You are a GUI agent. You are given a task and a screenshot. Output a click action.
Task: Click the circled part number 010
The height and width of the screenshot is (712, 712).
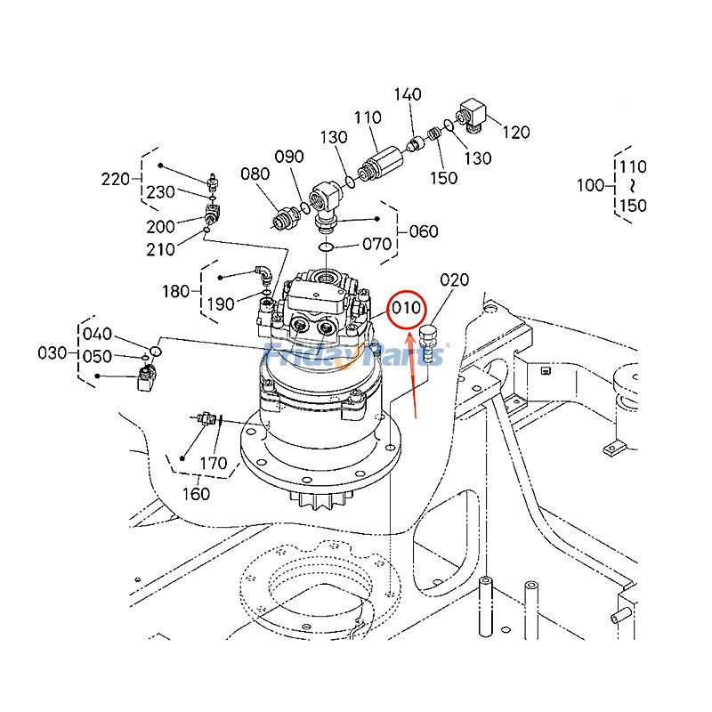point(406,309)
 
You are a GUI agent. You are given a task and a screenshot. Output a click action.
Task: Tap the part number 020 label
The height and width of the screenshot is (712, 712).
point(454,280)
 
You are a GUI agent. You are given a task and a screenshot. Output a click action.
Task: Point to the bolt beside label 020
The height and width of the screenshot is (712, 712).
point(430,343)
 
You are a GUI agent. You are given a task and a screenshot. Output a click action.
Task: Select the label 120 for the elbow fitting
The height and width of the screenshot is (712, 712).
point(515,133)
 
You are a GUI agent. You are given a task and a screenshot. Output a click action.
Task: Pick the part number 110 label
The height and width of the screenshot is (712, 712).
point(367,117)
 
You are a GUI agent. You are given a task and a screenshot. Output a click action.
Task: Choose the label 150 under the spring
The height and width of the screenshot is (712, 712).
point(443,178)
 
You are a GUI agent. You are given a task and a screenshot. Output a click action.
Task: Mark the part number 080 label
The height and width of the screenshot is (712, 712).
point(255,174)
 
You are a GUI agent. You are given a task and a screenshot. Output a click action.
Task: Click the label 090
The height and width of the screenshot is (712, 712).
point(288,157)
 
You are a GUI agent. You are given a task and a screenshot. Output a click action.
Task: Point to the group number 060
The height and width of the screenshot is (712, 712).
point(423,231)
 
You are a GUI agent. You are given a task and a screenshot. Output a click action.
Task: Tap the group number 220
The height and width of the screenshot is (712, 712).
point(116,180)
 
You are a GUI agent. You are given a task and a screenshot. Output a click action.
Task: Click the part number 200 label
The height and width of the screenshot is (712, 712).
point(161,227)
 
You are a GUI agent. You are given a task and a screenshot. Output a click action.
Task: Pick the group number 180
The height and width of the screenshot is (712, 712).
point(175,290)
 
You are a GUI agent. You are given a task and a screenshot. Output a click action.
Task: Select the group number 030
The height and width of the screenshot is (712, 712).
point(53,353)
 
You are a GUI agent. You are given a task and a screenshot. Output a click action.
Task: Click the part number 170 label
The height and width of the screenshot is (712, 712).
point(214,463)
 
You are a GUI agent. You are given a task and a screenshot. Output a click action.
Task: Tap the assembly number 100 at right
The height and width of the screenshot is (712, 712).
point(591,185)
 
